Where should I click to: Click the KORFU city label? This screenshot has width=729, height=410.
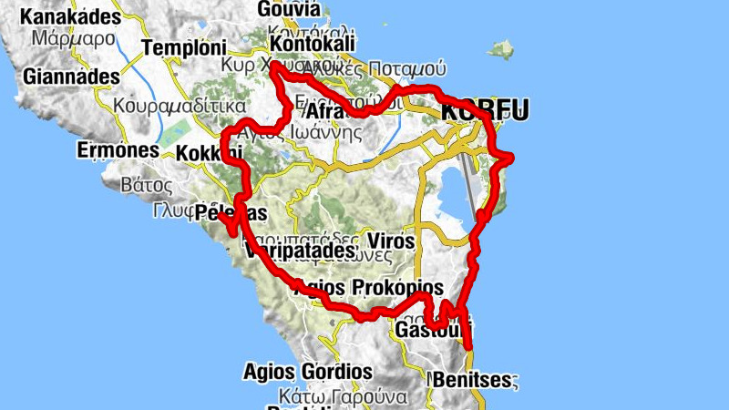[x=484, y=111]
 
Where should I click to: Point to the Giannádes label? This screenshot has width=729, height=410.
[x=72, y=77]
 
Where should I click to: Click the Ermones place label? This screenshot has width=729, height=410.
[x=114, y=149]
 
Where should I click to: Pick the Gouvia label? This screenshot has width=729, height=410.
[x=289, y=9]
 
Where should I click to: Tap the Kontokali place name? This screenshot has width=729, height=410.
[x=313, y=44]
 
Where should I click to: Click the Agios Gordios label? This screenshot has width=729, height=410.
[x=308, y=372]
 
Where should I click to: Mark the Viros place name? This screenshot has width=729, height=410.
[x=392, y=241]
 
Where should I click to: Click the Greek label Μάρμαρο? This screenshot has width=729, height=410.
[x=72, y=39]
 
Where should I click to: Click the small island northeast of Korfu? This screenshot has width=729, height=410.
[x=500, y=47]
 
